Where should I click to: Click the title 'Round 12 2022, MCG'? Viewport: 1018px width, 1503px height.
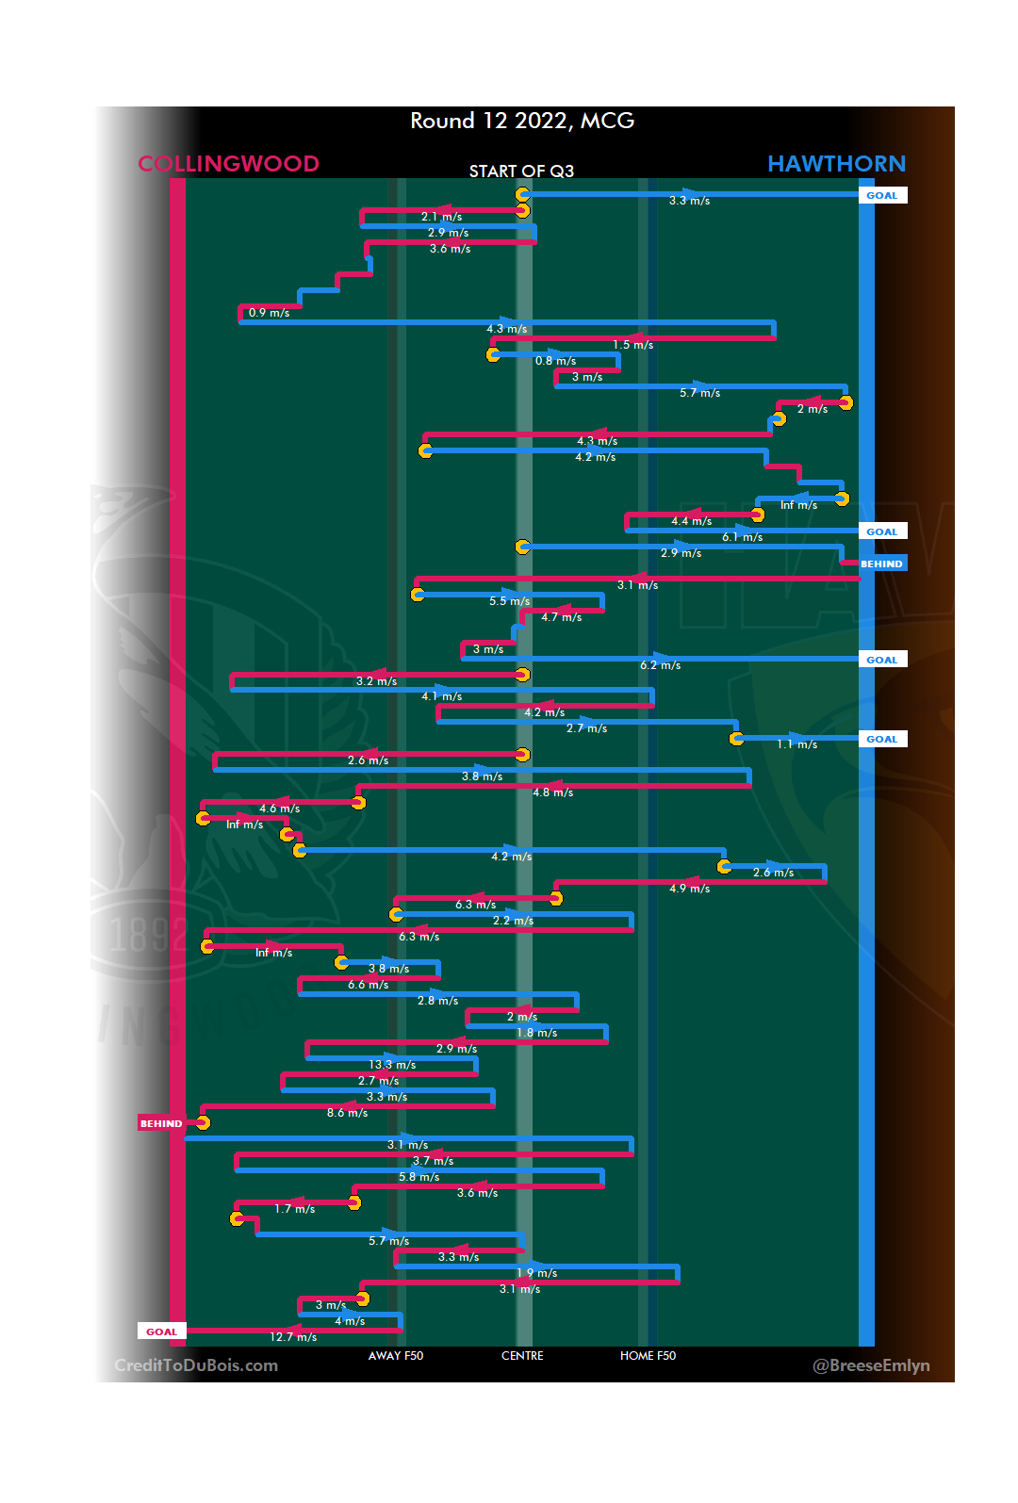522,121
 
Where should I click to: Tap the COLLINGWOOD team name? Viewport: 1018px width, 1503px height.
228,164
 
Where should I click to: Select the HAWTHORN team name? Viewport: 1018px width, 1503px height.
836,164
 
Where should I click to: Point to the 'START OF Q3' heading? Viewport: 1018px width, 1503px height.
521,171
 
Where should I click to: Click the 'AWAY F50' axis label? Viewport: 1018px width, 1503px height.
396,1356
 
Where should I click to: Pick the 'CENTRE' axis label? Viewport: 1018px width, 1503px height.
522,1356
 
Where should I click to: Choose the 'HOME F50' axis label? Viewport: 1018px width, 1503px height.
648,1356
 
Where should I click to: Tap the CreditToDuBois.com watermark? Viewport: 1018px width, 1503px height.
196,1365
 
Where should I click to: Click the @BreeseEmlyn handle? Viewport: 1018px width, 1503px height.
871,1365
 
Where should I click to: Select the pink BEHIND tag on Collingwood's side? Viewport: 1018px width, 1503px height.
161,1123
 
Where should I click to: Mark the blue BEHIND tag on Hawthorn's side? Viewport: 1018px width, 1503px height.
881,564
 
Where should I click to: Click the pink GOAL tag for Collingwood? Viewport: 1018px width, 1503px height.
161,1331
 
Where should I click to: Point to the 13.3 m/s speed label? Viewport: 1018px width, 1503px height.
392,1065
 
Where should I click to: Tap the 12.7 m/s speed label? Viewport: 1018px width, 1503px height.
293,1337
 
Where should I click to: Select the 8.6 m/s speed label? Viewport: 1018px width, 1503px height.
347,1113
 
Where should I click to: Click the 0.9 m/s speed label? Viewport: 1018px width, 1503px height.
269,313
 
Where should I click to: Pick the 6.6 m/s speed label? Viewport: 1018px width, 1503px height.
368,985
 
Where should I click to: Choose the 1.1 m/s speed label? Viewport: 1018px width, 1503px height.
796,744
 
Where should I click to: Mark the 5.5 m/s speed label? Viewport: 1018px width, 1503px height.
509,601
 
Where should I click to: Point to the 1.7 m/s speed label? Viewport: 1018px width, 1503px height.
294,1209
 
